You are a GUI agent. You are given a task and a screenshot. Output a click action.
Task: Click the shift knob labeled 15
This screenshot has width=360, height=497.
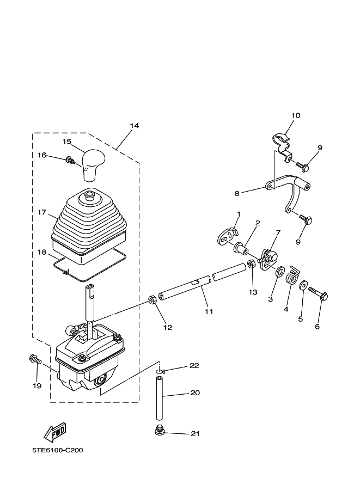tap(94, 165)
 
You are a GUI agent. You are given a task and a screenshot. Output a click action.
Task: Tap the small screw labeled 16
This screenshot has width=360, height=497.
tap(70, 161)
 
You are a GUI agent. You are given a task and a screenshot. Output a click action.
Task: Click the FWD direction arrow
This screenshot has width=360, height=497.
tap(55, 432)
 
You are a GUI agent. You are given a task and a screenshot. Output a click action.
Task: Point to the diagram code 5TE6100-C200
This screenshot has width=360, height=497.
tap(57, 450)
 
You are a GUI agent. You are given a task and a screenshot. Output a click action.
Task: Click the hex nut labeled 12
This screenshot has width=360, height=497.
tap(152, 299)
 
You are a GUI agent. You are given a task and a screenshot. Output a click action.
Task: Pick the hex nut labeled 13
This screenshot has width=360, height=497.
tap(251, 263)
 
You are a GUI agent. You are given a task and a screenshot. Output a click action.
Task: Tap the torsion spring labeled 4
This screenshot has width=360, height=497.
tap(293, 276)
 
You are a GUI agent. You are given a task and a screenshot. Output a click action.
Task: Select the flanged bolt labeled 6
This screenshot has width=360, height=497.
tap(318, 293)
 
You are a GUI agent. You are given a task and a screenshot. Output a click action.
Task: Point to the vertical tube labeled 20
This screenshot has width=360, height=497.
tap(159, 398)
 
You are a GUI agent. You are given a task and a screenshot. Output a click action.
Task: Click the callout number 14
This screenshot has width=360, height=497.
tap(134, 126)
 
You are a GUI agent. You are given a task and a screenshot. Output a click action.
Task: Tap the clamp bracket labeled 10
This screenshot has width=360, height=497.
tap(282, 145)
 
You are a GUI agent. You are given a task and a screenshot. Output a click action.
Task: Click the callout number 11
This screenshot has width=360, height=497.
tap(209, 311)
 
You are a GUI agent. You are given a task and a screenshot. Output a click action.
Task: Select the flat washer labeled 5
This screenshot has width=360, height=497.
tap(303, 285)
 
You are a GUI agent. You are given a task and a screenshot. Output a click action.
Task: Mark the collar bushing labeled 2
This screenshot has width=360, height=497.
tap(241, 248)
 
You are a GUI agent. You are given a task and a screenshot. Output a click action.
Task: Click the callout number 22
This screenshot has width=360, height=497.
tap(194, 365)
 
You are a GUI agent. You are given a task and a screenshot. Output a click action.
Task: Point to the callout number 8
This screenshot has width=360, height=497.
tap(237, 193)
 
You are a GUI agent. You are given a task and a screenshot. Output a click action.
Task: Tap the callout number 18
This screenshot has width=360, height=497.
tap(42, 252)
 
